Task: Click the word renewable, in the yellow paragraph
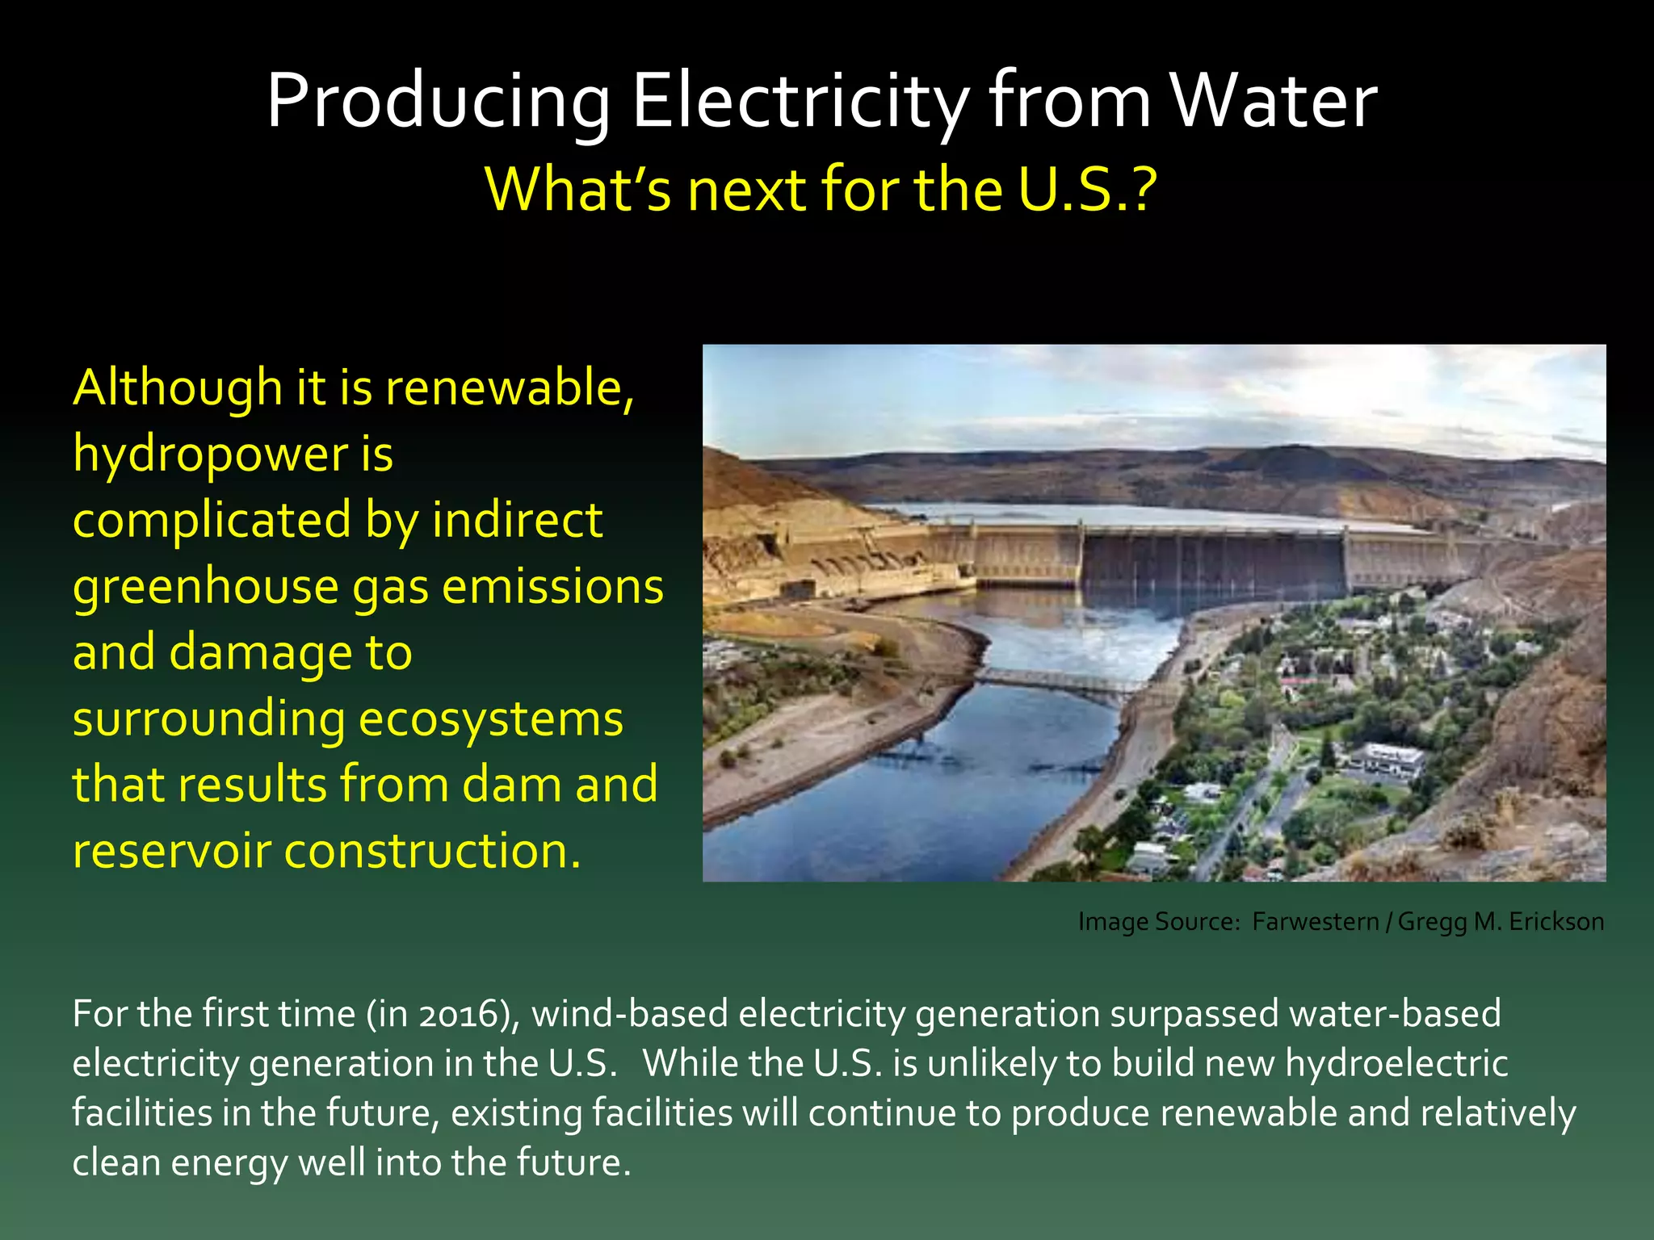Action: pyautogui.click(x=510, y=387)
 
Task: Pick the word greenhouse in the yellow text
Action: pyautogui.click(x=205, y=587)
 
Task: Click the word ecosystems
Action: pyautogui.click(x=490, y=718)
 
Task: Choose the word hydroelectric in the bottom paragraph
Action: pyautogui.click(x=1396, y=1063)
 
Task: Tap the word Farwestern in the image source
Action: pyautogui.click(x=1316, y=922)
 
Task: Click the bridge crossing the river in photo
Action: pyautogui.click(x=1058, y=681)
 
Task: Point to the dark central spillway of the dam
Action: pyautogui.click(x=1211, y=565)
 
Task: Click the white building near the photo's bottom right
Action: pyautogui.click(x=1393, y=759)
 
